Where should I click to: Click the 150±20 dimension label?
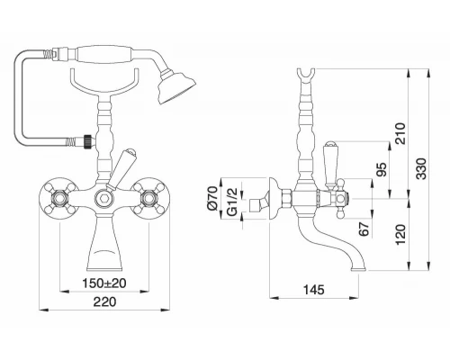[104, 283]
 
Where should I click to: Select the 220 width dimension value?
[104, 301]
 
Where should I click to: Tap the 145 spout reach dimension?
[314, 290]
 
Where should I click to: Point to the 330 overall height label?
[421, 168]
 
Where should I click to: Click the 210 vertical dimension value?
[400, 133]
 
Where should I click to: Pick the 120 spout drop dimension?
[400, 234]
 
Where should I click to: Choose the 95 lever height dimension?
[382, 169]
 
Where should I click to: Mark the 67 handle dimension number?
[364, 229]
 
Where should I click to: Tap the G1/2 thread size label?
[232, 202]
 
